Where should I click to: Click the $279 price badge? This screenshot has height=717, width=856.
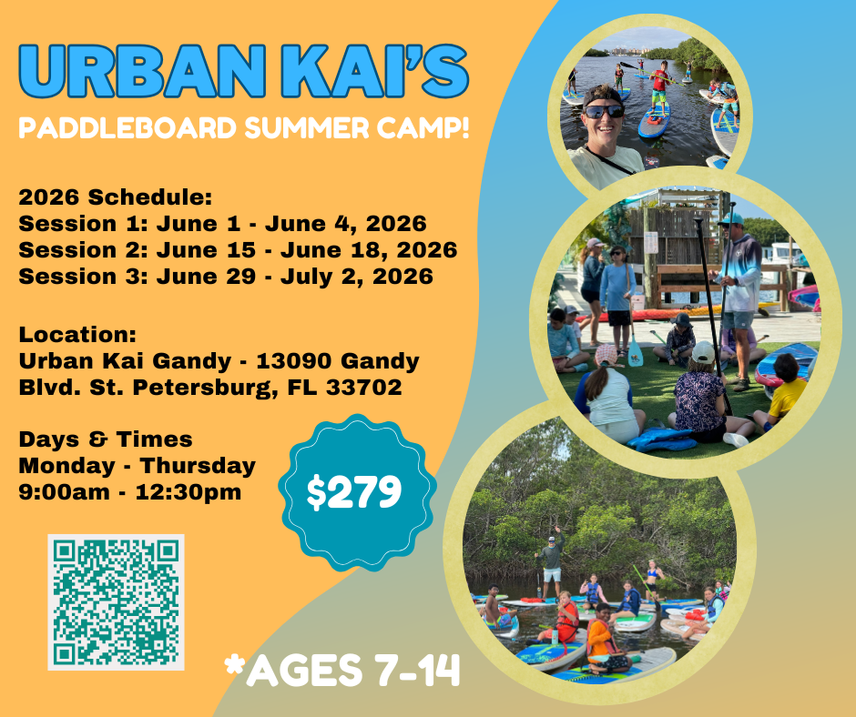[357, 492]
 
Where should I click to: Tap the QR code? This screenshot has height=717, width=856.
[116, 601]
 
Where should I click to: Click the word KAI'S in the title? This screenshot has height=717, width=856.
[375, 72]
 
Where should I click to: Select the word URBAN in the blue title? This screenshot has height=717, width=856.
[143, 72]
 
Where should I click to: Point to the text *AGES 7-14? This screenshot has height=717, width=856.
[342, 670]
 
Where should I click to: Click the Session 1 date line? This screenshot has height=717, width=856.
[223, 223]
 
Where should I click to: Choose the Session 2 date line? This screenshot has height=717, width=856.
[238, 249]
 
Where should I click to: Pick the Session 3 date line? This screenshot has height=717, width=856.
[226, 276]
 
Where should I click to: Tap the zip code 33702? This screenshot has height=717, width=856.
[364, 387]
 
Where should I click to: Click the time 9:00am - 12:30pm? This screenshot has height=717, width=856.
[130, 491]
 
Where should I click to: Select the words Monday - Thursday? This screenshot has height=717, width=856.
[137, 466]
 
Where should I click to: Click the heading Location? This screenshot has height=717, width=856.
[77, 334]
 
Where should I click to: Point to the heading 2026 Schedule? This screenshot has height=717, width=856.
[115, 197]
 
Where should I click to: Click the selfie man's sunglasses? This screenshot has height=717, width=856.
[605, 111]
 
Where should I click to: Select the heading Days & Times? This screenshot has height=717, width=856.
[106, 439]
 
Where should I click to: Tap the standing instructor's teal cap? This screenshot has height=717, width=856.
[731, 219]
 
